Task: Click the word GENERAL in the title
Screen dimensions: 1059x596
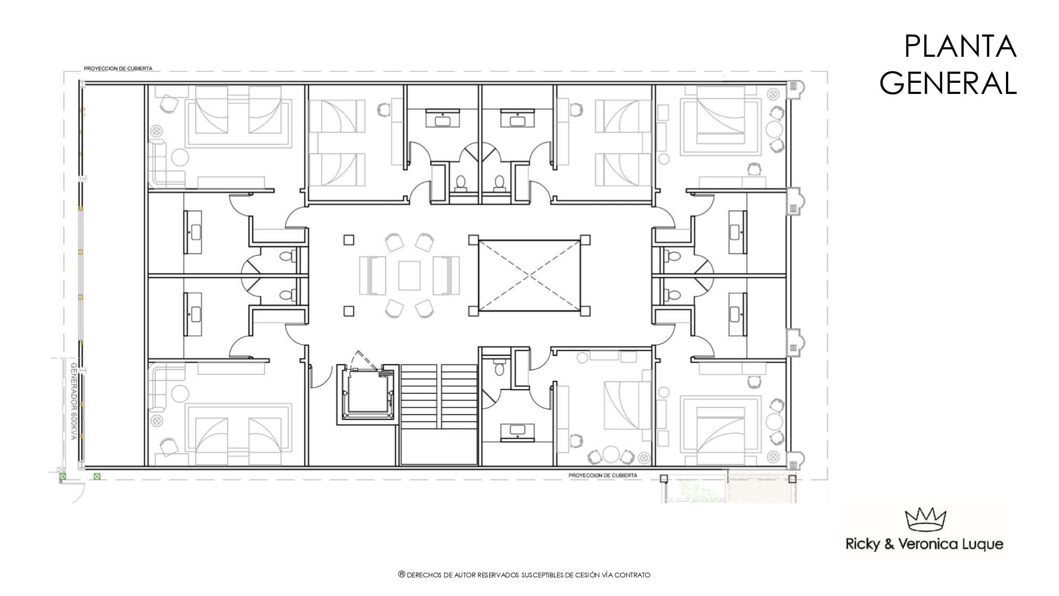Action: (x=948, y=83)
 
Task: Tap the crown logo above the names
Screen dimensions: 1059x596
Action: (x=926, y=519)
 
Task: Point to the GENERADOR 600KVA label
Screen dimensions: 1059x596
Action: (x=74, y=401)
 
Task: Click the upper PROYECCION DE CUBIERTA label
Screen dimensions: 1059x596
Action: (x=118, y=68)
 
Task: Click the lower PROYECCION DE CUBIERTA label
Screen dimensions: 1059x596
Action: (x=603, y=476)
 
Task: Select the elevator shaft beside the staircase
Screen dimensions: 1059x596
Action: (x=367, y=394)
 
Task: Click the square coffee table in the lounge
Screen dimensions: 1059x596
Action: (x=409, y=275)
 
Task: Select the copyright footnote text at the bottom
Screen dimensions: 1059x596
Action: (x=524, y=575)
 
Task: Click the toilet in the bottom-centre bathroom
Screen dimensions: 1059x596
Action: (x=499, y=368)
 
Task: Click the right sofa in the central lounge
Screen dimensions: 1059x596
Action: (x=446, y=275)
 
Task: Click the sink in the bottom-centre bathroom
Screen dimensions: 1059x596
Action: (x=517, y=430)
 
